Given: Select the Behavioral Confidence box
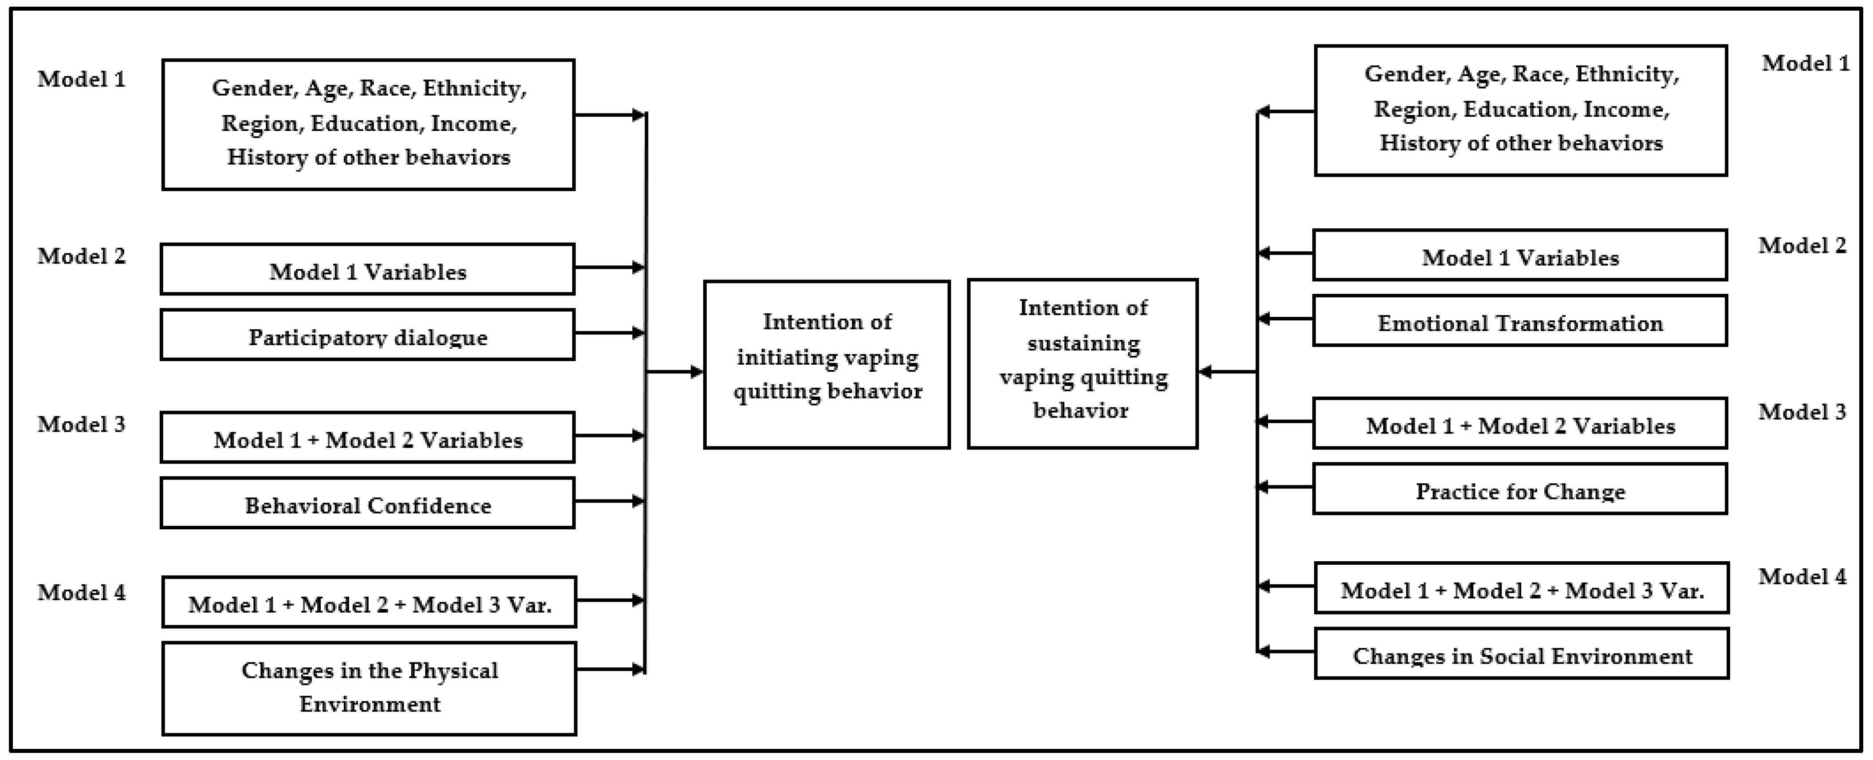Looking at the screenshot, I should point(367,503).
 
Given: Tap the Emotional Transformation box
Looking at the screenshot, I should point(1519,321).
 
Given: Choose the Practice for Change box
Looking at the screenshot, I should point(1519,489).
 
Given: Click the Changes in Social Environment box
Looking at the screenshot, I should point(1521,654).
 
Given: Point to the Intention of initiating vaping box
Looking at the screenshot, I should point(827,364).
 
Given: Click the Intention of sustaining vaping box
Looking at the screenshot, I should point(1082,364).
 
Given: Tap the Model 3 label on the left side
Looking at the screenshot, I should point(82,424).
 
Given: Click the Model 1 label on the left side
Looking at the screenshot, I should point(82,79).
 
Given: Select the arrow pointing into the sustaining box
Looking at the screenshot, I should point(1228,372).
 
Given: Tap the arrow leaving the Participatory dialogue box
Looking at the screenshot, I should point(609,333).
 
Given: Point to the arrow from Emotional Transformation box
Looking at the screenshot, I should point(1286,319).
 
